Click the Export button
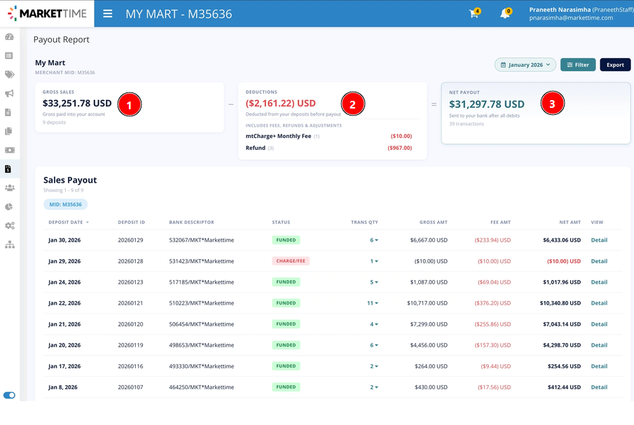point(615,64)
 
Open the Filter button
point(578,64)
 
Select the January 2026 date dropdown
point(525,64)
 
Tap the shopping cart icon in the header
point(474,13)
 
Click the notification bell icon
point(505,13)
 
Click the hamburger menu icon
point(108,14)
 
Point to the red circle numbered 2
point(352,104)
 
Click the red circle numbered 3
point(552,104)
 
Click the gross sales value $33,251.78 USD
point(77,104)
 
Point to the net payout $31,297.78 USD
point(486,104)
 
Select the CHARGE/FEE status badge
point(291,261)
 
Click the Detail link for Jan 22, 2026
point(599,303)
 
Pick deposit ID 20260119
point(130,345)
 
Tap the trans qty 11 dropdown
point(373,303)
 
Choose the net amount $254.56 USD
point(564,366)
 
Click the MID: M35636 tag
point(66,204)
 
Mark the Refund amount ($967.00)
point(399,148)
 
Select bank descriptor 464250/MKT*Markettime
point(201,387)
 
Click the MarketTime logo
point(47,13)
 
